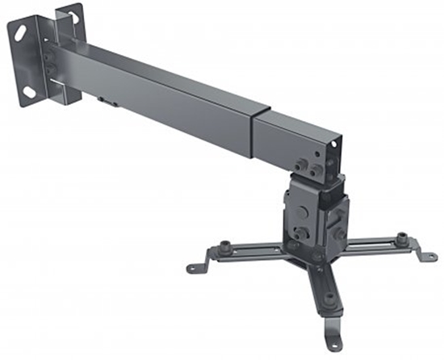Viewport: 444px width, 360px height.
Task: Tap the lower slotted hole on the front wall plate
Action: click(31, 91)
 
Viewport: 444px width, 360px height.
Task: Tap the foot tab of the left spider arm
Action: click(195, 266)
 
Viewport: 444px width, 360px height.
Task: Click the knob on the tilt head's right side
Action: click(338, 214)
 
